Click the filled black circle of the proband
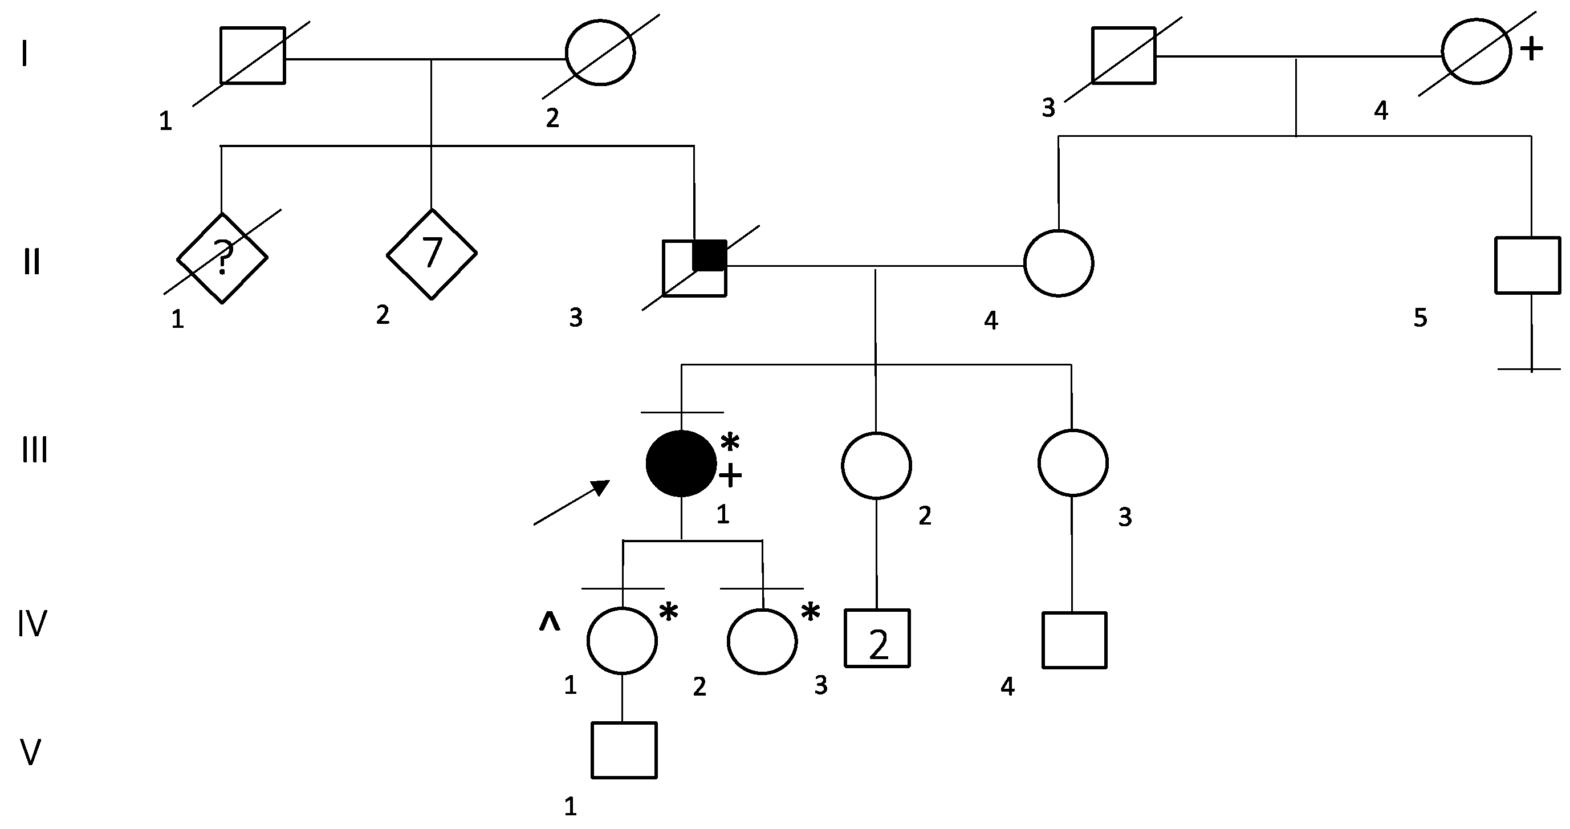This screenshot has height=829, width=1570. tap(681, 464)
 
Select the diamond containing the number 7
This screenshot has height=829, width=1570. tap(432, 254)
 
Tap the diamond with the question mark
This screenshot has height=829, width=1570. tap(222, 258)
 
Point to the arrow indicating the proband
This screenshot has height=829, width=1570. tap(572, 502)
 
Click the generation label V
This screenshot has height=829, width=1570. tap(30, 752)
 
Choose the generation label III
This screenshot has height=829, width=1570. tap(34, 451)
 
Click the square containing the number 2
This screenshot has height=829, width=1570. tap(877, 638)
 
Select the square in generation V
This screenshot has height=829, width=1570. tap(624, 750)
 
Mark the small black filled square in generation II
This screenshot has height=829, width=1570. tap(709, 255)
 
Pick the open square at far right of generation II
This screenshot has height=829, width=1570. tap(1528, 265)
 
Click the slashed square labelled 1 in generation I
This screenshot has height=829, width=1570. tap(253, 55)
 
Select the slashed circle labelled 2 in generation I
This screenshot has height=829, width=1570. tap(600, 53)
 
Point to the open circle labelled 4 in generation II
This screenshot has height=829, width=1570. tap(1059, 263)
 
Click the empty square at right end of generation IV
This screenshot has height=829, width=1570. tap(1075, 640)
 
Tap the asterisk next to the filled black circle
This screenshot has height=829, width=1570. tap(730, 442)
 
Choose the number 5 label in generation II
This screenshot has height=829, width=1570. tap(1420, 318)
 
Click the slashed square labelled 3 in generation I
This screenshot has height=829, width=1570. tap(1124, 55)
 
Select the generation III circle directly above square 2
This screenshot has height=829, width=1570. tap(876, 465)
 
